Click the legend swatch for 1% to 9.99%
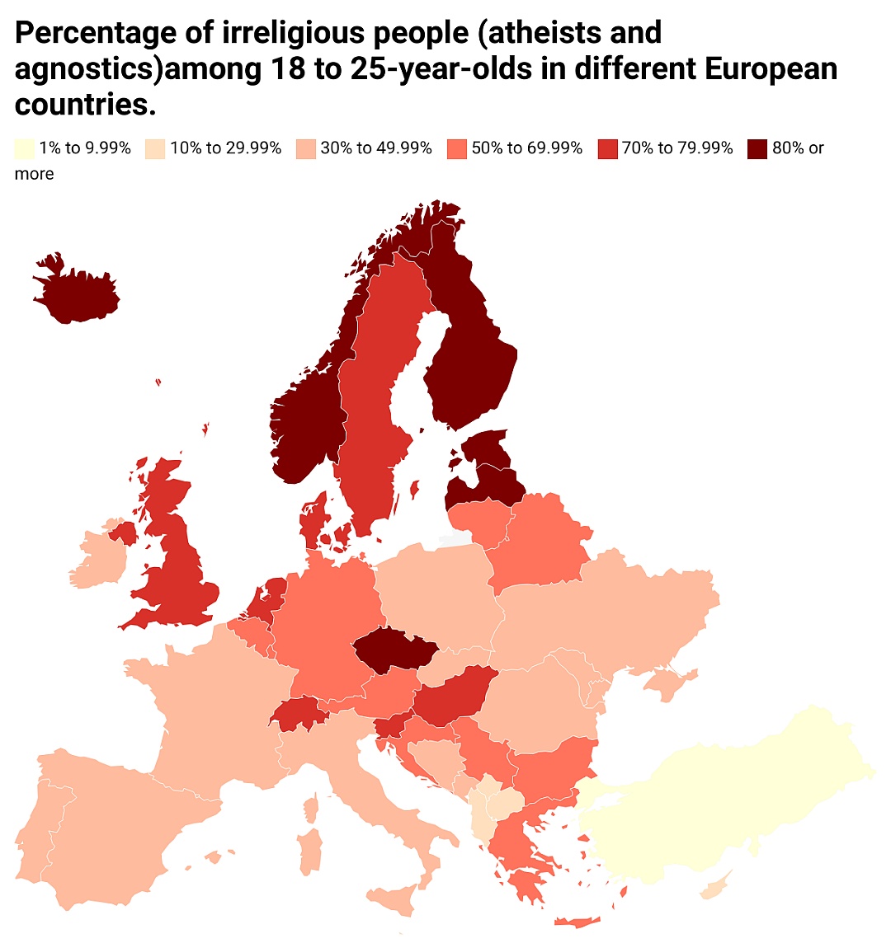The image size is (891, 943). [24, 148]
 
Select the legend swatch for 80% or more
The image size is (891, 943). [757, 148]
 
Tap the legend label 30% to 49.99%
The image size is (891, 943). [376, 148]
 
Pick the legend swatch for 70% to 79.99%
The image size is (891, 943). [607, 148]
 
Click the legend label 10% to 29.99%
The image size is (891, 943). [225, 148]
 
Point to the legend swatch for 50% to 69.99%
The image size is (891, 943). [456, 148]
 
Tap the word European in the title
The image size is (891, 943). [771, 69]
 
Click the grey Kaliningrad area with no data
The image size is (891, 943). [455, 537]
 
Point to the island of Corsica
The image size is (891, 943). [311, 808]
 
